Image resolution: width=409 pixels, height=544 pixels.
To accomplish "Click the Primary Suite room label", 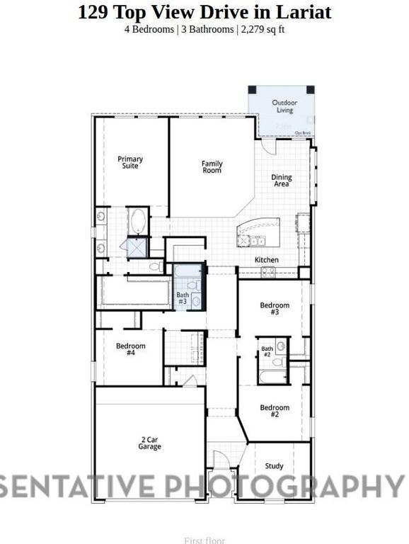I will pyautogui.click(x=130, y=162).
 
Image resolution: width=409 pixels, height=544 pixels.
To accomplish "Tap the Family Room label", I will pyautogui.click(x=212, y=167).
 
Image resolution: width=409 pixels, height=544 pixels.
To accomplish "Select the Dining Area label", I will pyautogui.click(x=282, y=181).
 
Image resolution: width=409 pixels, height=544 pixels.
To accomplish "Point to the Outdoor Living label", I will pyautogui.click(x=284, y=106).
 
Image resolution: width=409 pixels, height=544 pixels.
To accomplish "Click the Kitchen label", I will pyautogui.click(x=267, y=260).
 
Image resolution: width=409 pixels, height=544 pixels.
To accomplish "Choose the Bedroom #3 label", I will pyautogui.click(x=275, y=309).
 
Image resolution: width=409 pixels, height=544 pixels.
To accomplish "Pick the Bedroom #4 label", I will pyautogui.click(x=131, y=349).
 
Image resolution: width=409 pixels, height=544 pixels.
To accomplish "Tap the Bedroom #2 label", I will pyautogui.click(x=275, y=411).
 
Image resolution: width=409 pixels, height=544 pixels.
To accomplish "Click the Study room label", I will pyautogui.click(x=275, y=466).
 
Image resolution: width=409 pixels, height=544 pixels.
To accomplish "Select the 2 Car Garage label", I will pyautogui.click(x=150, y=443).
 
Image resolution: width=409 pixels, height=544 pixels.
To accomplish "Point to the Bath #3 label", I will pyautogui.click(x=183, y=298).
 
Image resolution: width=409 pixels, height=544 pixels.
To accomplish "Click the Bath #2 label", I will pyautogui.click(x=267, y=352).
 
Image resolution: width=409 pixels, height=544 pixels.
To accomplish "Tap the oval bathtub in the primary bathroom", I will pyautogui.click(x=138, y=220).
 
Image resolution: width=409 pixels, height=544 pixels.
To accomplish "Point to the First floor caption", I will pyautogui.click(x=204, y=540).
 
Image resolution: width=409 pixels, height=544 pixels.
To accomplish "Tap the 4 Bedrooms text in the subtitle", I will pyautogui.click(x=149, y=29).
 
